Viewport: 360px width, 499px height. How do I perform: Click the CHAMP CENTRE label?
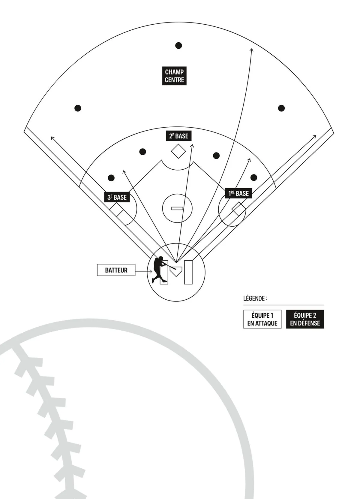tap(174, 76)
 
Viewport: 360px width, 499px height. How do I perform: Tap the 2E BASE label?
tap(178, 136)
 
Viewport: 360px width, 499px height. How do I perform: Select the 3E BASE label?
tap(117, 197)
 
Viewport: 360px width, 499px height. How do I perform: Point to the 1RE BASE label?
tap(238, 193)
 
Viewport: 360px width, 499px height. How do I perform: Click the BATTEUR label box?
tap(116, 270)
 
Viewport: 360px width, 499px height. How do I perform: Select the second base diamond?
tap(178, 151)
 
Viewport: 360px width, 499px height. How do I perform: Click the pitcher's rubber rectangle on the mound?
tap(177, 208)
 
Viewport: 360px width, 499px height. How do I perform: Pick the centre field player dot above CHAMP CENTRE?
tap(178, 46)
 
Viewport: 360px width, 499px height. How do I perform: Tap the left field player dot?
tap(78, 108)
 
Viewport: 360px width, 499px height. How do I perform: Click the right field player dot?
tap(281, 108)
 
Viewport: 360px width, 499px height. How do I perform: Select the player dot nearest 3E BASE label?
tap(111, 178)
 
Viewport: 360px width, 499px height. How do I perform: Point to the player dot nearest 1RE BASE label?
tap(254, 177)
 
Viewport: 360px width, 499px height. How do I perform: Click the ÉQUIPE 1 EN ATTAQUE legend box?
tap(262, 319)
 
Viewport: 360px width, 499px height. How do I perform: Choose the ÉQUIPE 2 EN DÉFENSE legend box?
tap(305, 319)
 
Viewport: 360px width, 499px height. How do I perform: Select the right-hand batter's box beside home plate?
tap(188, 272)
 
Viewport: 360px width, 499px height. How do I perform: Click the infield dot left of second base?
tap(143, 152)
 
